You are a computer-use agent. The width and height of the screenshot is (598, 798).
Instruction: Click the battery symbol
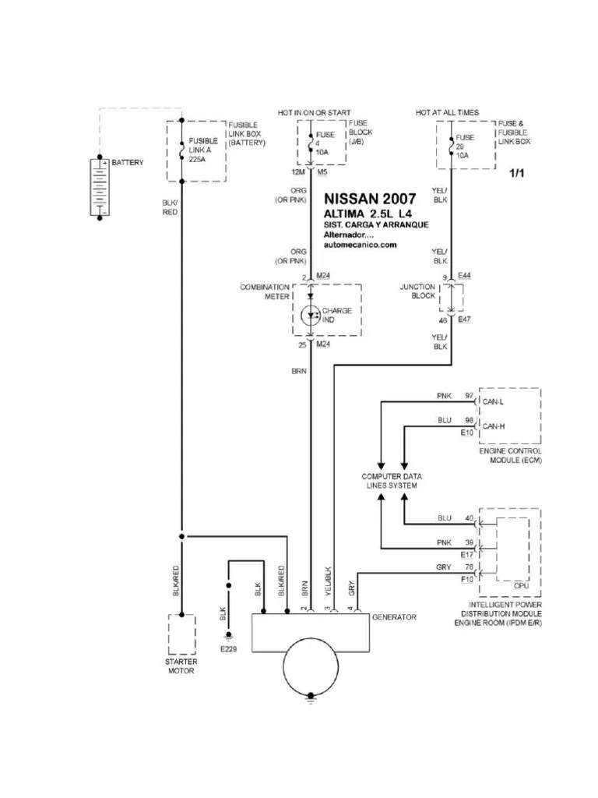point(99,188)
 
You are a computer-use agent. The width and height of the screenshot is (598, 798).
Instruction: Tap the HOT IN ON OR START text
point(314,113)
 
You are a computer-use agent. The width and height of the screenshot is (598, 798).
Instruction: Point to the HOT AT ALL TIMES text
point(447,113)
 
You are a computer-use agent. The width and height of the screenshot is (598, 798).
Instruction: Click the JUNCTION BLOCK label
point(417,291)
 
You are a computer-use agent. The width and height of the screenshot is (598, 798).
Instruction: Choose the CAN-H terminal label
point(494,425)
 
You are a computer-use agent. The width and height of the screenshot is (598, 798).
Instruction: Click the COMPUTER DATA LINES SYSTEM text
point(391,481)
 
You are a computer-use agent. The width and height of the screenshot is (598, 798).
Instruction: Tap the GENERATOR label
point(394,617)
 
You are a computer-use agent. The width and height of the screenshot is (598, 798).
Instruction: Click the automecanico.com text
point(361,244)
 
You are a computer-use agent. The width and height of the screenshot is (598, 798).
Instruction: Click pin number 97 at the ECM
point(469,396)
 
